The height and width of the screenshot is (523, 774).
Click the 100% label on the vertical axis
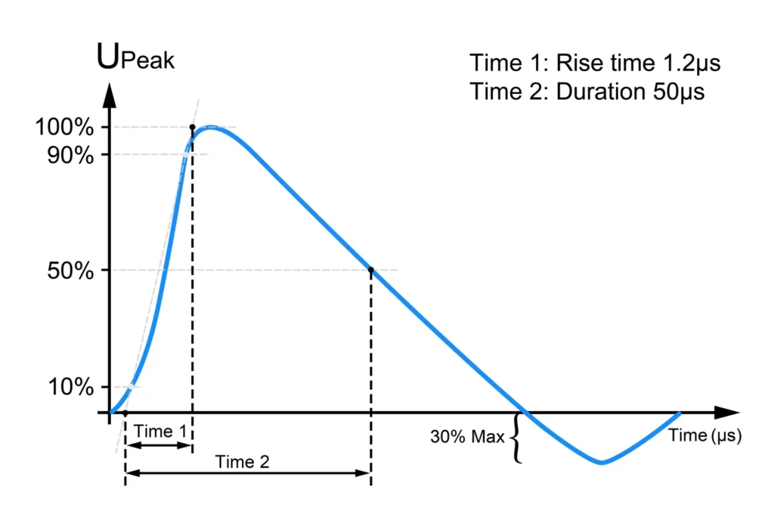point(64,127)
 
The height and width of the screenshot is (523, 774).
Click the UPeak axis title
point(136,58)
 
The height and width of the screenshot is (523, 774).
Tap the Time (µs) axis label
point(704,435)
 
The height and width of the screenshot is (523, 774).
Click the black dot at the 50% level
point(371,270)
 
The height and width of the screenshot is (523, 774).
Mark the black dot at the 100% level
point(192,127)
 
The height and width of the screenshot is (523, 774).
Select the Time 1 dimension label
point(159,431)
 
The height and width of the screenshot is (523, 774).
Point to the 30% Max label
point(467,437)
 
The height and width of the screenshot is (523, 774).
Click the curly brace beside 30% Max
point(517,438)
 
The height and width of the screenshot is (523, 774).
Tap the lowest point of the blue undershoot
point(602,463)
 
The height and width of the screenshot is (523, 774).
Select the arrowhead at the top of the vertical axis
point(110,93)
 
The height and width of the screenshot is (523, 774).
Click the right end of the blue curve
point(679,413)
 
